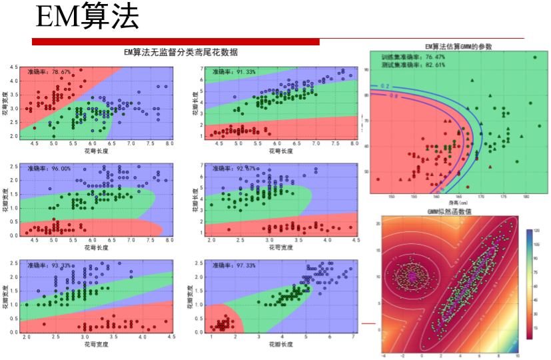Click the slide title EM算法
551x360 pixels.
(86, 17)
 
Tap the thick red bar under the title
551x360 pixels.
(176, 42)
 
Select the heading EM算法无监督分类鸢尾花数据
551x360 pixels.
(181, 52)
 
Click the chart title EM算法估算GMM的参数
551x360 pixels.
(459, 47)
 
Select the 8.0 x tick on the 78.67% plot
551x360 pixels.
(169, 143)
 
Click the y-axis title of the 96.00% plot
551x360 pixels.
(6, 199)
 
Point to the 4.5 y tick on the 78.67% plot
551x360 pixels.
(13, 68)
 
